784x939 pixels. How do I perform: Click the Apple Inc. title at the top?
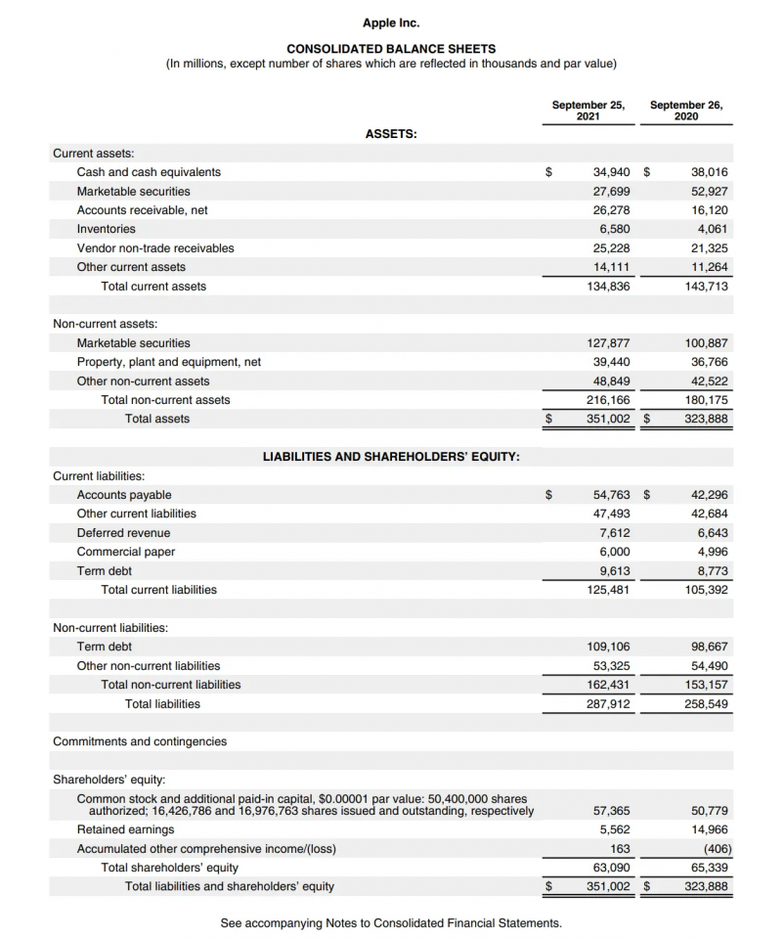(x=391, y=22)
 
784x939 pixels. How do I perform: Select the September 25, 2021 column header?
(x=588, y=111)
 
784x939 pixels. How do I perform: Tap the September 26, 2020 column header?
(x=686, y=111)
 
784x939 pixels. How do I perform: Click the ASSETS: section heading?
(x=391, y=134)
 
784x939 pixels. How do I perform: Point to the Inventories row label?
(x=107, y=229)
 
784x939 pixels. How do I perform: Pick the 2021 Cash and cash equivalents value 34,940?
(x=611, y=172)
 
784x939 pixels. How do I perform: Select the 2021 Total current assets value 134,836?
(x=608, y=287)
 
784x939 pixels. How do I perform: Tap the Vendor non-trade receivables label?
(x=155, y=248)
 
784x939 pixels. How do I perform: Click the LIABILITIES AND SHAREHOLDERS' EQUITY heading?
(x=391, y=457)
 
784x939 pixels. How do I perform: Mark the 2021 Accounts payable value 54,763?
(x=611, y=495)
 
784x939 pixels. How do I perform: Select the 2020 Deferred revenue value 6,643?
(x=712, y=533)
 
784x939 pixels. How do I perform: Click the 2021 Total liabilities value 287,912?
(x=608, y=704)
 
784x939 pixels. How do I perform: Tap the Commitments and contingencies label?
(x=139, y=741)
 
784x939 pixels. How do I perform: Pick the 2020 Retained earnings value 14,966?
(x=709, y=829)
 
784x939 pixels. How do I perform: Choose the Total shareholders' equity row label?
(x=169, y=868)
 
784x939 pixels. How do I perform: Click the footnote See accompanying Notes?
(x=391, y=922)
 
